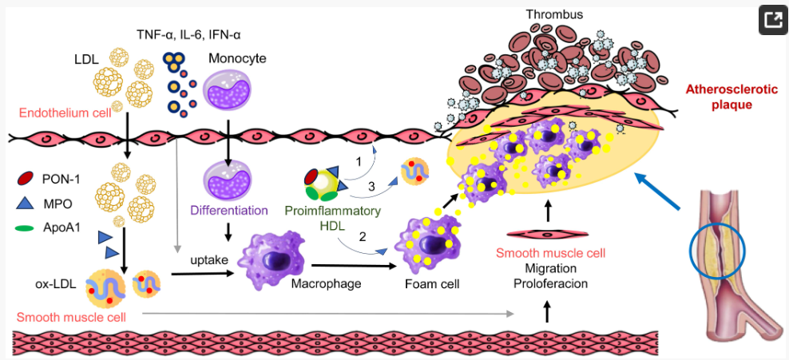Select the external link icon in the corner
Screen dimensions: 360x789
pos(771,20)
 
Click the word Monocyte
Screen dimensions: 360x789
pos(237,59)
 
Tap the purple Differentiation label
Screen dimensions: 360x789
pos(228,211)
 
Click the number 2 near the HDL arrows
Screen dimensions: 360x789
pos(363,235)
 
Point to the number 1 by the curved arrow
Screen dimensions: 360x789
pos(359,160)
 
